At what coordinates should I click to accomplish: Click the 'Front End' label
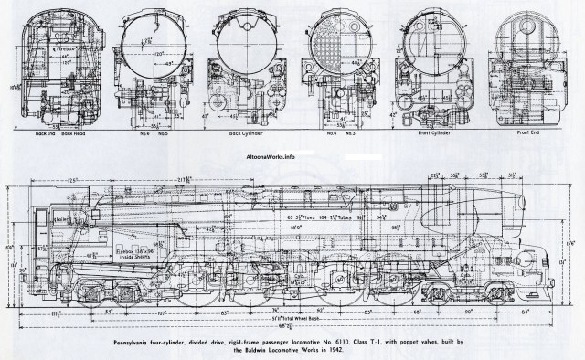(526, 133)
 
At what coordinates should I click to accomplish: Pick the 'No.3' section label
(351, 133)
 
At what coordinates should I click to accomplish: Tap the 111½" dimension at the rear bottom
(58, 312)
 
